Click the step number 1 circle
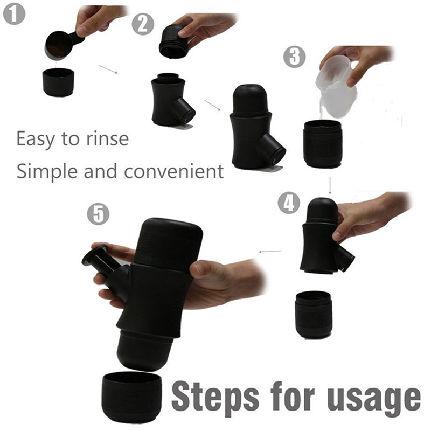14,14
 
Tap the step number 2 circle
143,24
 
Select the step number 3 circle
294,57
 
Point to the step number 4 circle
289,203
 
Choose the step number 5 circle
98,214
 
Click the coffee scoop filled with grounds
62,45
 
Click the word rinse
107,139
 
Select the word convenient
173,171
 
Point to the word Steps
215,398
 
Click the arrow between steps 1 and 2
108,69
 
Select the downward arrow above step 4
330,185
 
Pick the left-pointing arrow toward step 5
270,251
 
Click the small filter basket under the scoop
58,82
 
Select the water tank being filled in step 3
323,144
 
